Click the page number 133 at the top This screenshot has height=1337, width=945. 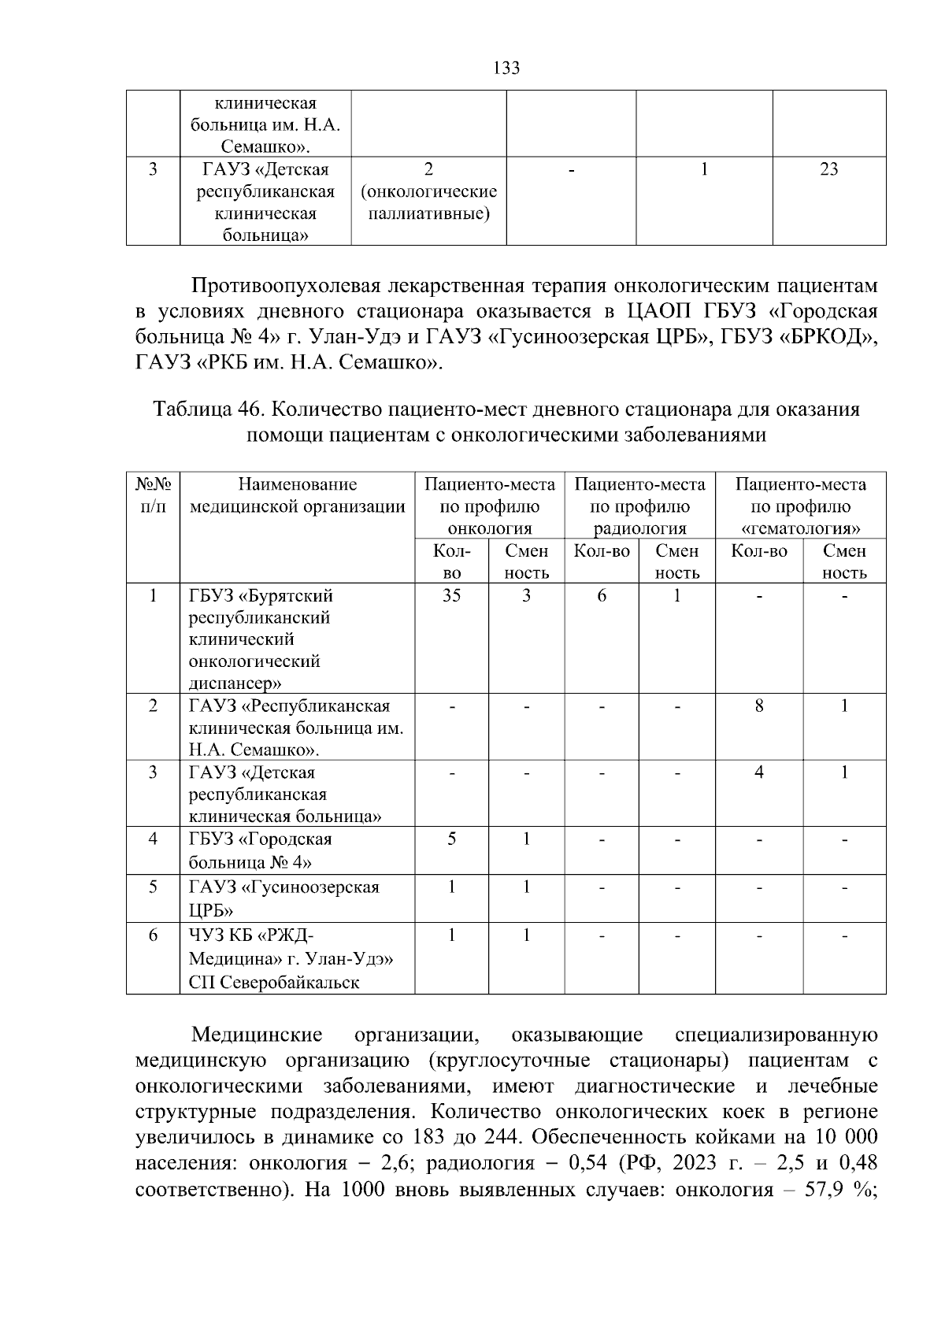click(506, 69)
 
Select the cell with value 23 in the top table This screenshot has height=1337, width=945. click(828, 169)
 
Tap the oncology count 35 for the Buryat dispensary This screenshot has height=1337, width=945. click(451, 595)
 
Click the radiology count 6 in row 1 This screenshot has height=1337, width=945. click(602, 595)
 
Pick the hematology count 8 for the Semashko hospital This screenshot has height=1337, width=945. click(759, 706)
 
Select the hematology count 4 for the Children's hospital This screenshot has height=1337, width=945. click(759, 772)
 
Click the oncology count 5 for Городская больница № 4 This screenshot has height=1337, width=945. click(451, 839)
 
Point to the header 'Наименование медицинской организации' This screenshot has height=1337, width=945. click(297, 495)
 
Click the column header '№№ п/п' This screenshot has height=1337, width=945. click(153, 495)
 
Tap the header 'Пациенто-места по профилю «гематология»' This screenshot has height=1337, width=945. click(800, 506)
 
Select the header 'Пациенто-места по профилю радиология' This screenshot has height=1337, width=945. click(639, 506)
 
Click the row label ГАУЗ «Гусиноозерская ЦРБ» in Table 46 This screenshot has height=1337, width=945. click(283, 898)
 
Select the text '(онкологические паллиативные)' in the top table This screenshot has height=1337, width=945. click(428, 202)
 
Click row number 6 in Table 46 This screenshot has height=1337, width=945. click(153, 935)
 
